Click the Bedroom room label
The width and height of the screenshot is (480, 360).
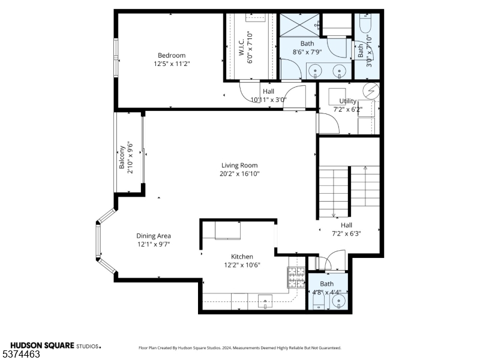[x=172, y=55]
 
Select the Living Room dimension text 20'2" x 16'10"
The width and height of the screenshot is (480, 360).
[x=239, y=173]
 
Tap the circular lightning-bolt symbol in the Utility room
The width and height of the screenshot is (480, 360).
[x=373, y=91]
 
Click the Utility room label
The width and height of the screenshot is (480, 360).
[x=347, y=101]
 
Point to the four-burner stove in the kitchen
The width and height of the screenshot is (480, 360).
[x=296, y=276]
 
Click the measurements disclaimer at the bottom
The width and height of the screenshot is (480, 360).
[x=240, y=347]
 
